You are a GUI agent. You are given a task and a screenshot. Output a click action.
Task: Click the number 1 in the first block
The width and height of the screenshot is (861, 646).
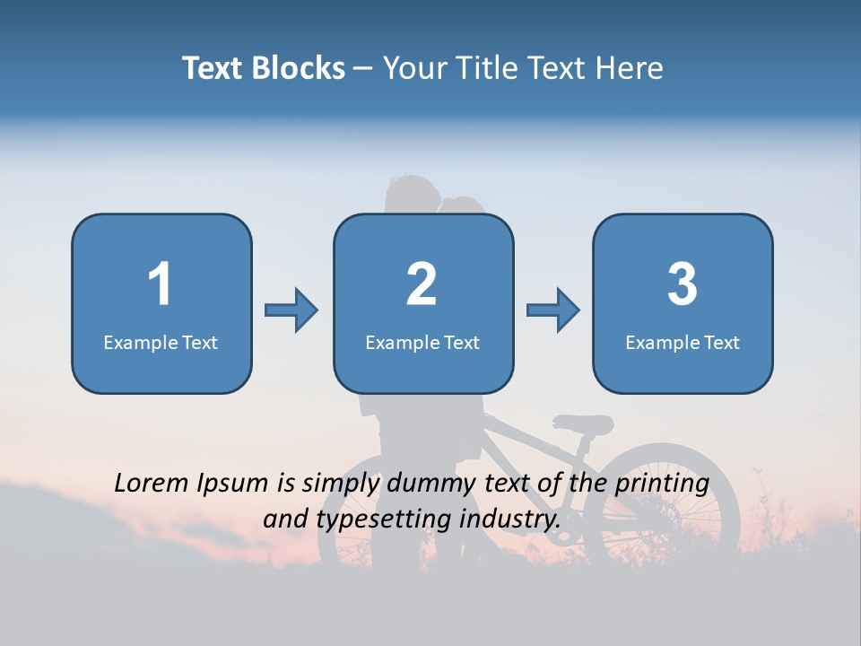[160, 284]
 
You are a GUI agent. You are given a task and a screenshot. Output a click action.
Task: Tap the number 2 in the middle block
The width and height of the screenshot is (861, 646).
[422, 284]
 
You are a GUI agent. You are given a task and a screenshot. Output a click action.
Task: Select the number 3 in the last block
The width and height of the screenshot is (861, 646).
[683, 284]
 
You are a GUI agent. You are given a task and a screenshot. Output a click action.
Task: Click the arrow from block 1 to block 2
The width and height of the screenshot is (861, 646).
[291, 310]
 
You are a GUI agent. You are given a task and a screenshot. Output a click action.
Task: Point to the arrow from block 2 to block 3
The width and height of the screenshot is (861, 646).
[553, 310]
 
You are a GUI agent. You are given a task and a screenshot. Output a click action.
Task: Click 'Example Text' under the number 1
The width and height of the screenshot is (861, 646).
[161, 342]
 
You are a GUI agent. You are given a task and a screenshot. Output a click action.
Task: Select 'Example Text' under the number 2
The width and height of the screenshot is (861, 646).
[422, 342]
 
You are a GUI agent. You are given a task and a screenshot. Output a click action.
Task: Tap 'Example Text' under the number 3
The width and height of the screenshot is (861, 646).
[683, 342]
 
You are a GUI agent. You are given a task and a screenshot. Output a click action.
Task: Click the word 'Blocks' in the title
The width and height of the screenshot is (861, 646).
[295, 68]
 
